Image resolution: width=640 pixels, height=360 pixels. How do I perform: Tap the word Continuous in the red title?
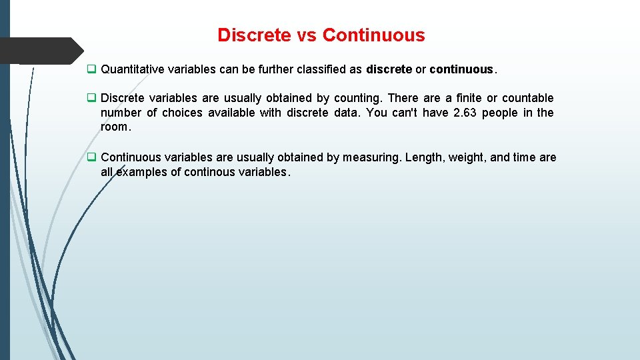coord(373,35)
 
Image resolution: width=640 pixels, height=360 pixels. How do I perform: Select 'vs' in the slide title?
coord(307,35)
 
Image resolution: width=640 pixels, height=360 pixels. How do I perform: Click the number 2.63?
coord(465,113)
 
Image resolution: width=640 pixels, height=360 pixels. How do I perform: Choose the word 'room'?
coord(113,127)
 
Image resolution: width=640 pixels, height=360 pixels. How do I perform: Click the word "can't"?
coord(403,113)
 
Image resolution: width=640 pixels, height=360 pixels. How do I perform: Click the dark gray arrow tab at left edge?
coord(40,51)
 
